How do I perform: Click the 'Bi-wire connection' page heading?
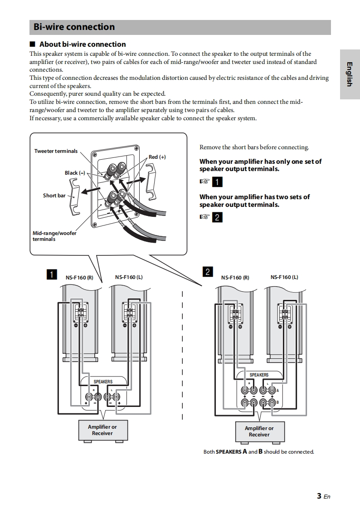(74, 27)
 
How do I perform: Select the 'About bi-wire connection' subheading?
(83, 44)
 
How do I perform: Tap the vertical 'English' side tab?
(349, 73)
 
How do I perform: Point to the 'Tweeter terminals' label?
(56, 151)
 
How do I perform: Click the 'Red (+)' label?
(157, 157)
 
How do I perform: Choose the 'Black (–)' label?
(75, 173)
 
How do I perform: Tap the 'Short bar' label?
(54, 196)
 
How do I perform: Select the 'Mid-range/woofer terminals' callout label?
(54, 236)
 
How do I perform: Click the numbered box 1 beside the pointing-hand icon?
(218, 182)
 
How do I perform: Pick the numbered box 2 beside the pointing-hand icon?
(218, 217)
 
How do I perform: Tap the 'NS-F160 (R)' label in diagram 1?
(79, 278)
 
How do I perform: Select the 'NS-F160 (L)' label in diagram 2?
(284, 277)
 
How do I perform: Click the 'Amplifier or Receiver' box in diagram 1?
(102, 430)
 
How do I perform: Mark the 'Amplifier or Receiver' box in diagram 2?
(259, 431)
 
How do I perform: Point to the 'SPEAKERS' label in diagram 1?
(103, 382)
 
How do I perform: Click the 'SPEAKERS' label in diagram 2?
(259, 375)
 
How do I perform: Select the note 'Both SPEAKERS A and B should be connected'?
(258, 452)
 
